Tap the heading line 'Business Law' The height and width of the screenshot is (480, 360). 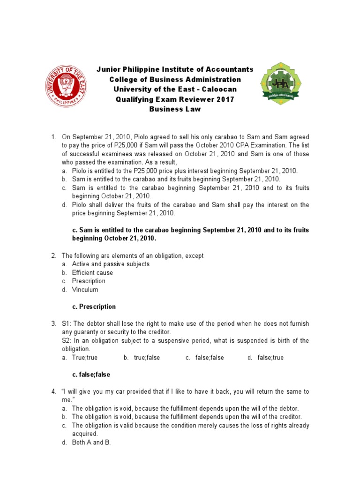coord(175,109)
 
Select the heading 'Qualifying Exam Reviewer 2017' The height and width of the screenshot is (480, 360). coord(175,99)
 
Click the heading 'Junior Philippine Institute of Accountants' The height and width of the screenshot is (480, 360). coord(175,69)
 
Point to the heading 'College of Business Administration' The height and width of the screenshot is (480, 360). coord(175,79)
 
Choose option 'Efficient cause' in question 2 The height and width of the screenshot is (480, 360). coord(92,273)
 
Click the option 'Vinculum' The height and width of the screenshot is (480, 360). coord(85,290)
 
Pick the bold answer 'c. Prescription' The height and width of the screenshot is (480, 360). coord(94,307)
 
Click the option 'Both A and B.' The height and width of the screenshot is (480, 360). coord(91,442)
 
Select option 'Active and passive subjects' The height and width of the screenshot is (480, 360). coord(111,264)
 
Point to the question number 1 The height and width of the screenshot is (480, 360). coord(53,137)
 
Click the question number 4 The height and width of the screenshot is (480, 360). coord(53,391)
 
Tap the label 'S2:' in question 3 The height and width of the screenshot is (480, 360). coord(67,341)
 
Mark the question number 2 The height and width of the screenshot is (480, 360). coord(53,256)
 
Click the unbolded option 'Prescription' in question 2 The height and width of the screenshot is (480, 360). coord(89,281)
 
